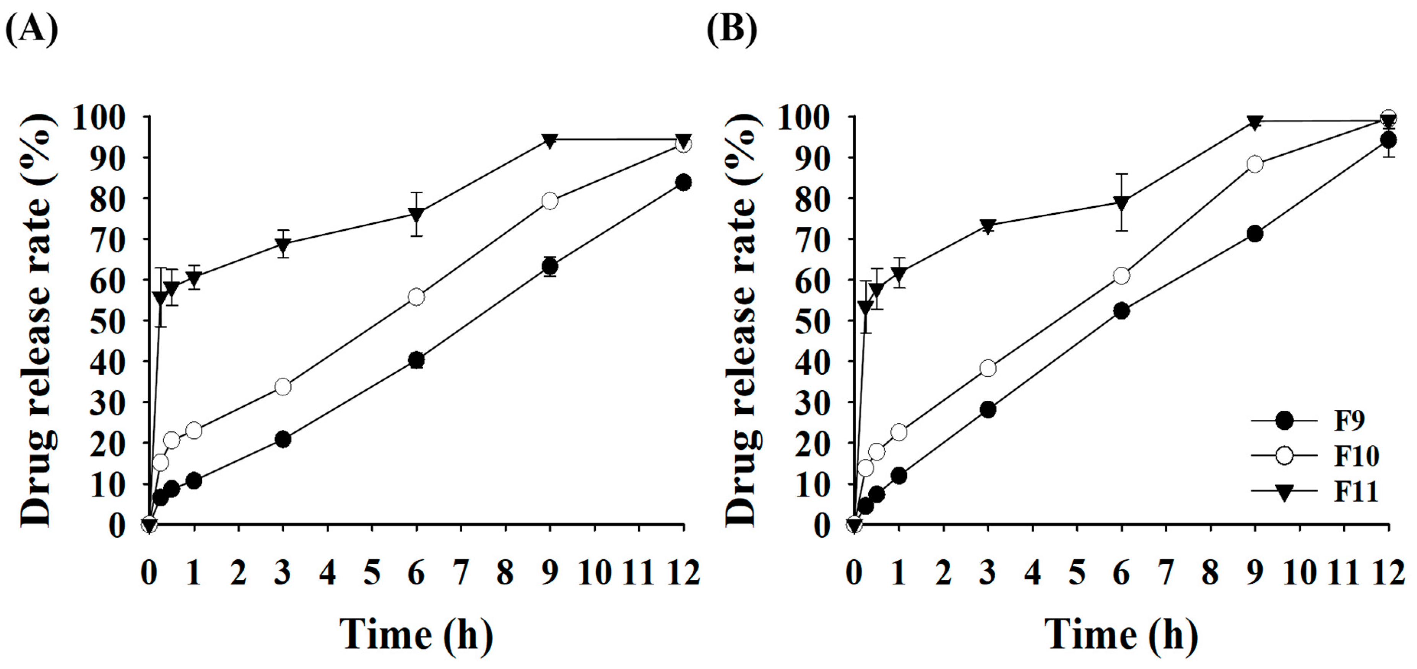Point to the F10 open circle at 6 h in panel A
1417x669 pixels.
(416, 297)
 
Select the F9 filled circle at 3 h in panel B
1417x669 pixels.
(988, 410)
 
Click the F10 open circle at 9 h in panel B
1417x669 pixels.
(1255, 164)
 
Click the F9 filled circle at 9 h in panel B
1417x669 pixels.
(1255, 234)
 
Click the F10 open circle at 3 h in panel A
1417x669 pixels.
(283, 387)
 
